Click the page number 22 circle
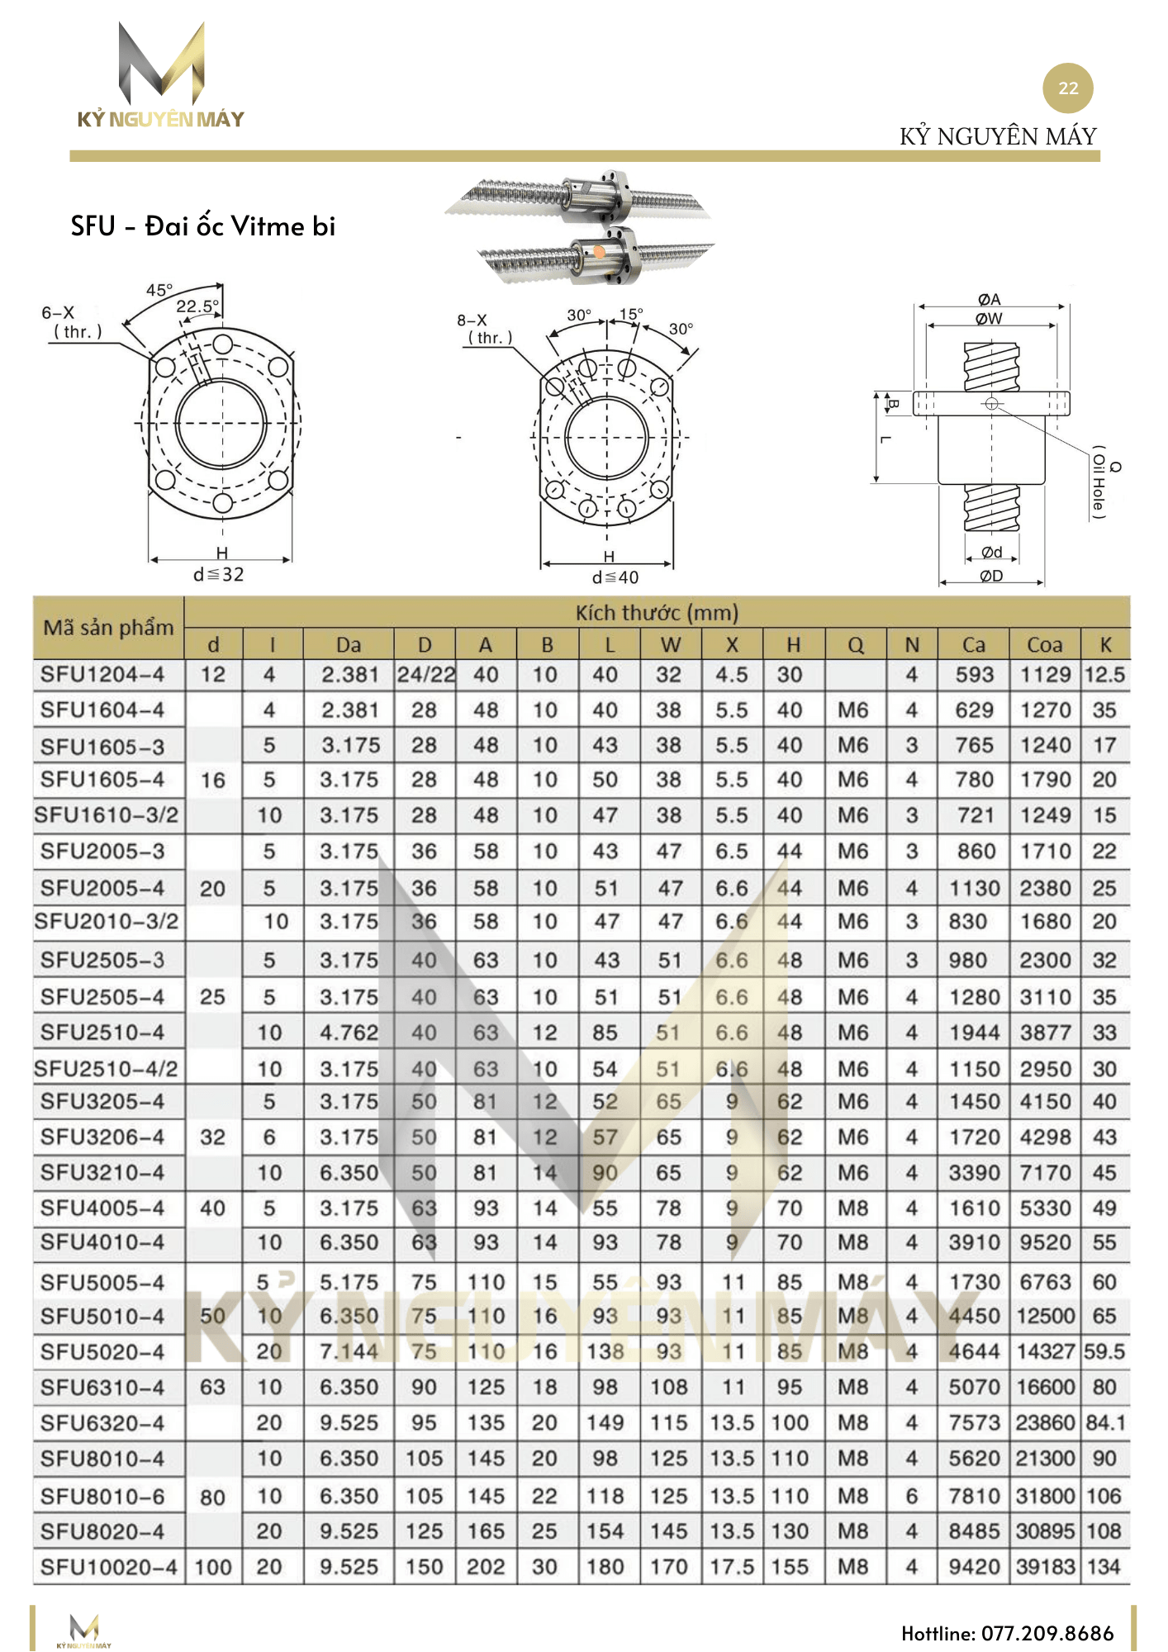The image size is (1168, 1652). (x=1067, y=88)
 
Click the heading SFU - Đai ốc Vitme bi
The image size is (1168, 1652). (x=202, y=226)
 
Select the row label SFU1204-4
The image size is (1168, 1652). (x=102, y=675)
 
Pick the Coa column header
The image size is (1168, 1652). (x=1044, y=645)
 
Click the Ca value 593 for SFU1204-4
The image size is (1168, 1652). (x=974, y=675)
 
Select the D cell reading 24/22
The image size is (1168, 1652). (x=425, y=675)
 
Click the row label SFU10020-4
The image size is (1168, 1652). (x=108, y=1567)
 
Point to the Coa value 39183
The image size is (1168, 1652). (x=1045, y=1567)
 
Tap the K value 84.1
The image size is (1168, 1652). (x=1104, y=1423)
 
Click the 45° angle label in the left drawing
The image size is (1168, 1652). (x=159, y=291)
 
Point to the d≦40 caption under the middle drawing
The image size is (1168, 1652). (x=615, y=577)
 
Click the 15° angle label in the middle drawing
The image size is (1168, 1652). (x=631, y=315)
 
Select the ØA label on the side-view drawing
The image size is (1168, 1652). (x=989, y=300)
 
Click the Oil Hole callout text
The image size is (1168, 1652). (x=1099, y=483)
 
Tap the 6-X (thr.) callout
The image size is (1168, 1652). (x=72, y=323)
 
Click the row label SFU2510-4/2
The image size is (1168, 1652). (x=107, y=1069)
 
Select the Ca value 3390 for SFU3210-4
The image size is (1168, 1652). (x=974, y=1173)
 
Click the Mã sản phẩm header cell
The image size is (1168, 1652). (x=108, y=628)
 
